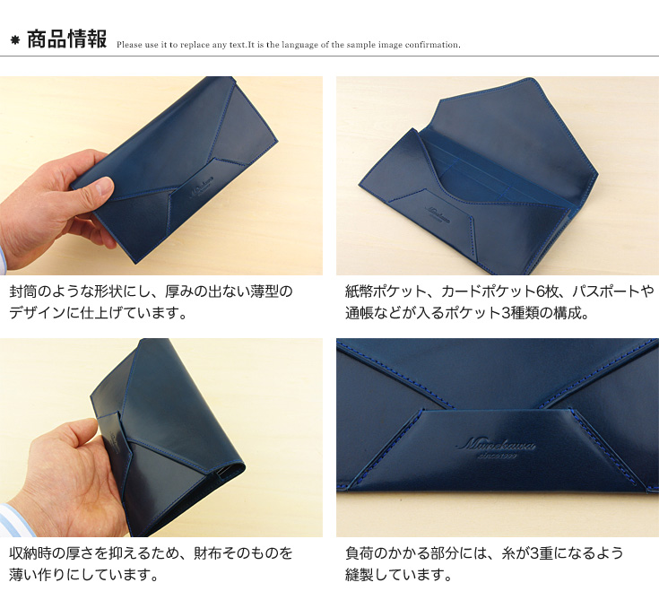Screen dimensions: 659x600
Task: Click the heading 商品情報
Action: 67,39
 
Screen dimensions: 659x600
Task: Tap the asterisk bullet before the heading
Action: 15,40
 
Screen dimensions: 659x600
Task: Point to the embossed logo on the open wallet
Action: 438,213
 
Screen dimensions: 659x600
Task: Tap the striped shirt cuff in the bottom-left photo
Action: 9,520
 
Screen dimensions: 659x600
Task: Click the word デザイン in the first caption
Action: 37,313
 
